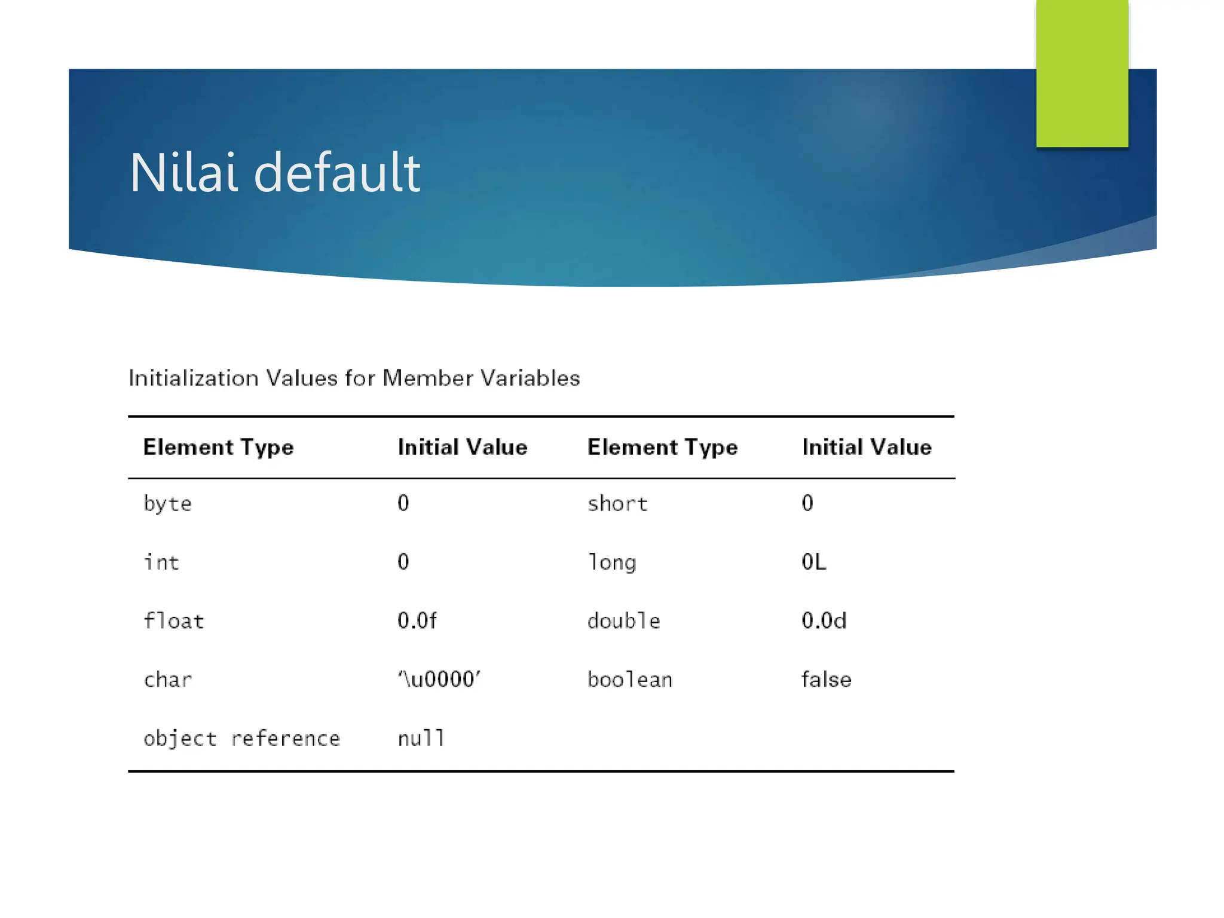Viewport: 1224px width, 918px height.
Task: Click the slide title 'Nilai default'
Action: (275, 173)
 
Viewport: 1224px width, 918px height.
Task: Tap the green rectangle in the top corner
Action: (1082, 73)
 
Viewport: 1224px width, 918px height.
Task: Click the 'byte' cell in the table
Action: (167, 504)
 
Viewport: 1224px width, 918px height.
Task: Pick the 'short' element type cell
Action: (617, 504)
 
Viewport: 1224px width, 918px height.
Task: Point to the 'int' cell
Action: (161, 562)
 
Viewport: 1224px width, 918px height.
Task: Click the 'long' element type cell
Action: (612, 562)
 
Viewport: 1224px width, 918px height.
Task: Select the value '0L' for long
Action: (814, 562)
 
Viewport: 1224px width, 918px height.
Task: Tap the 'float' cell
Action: (174, 621)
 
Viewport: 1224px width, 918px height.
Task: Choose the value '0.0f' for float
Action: (417, 621)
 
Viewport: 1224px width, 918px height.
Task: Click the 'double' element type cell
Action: (623, 621)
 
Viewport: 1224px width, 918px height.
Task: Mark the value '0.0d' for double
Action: (824, 621)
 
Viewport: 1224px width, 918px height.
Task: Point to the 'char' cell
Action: (168, 680)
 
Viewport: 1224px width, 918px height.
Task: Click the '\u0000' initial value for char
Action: (439, 680)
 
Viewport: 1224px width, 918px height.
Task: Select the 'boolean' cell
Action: (630, 680)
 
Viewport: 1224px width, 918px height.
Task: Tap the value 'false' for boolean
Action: (827, 680)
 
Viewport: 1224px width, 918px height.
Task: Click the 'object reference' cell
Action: (241, 739)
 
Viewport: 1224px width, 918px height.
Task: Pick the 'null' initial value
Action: (421, 739)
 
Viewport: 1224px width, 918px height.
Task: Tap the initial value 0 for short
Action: (807, 503)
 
